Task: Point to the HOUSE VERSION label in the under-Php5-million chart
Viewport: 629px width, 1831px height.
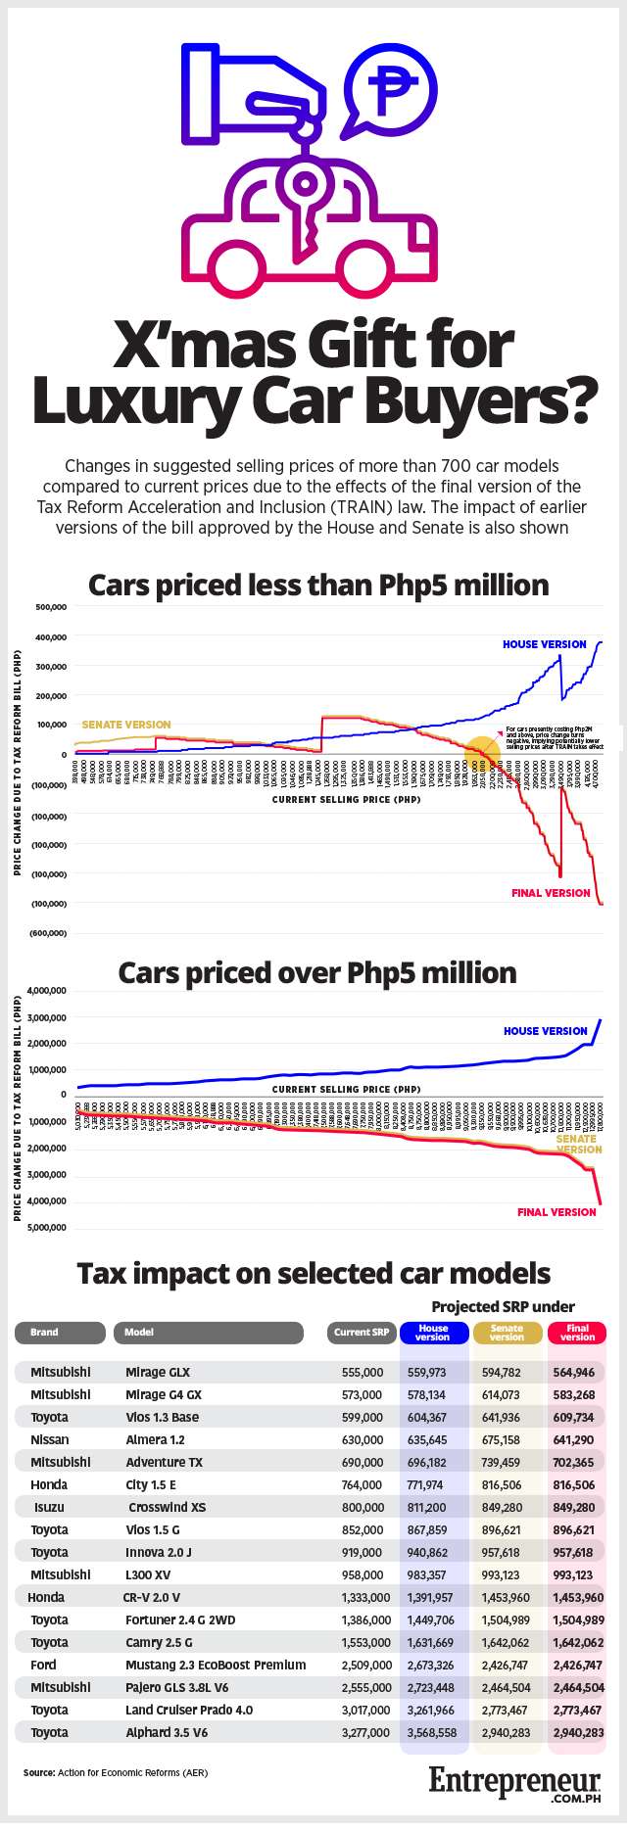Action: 544,644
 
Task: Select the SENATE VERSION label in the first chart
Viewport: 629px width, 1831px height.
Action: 125,725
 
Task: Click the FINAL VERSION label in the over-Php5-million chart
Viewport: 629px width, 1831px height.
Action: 556,1212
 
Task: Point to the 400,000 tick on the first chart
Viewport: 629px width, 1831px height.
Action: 51,637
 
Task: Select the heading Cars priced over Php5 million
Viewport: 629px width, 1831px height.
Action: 316,973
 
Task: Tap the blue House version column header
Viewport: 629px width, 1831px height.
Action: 433,1333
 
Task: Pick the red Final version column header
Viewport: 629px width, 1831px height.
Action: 577,1333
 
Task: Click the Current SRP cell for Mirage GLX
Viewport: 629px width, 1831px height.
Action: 363,1372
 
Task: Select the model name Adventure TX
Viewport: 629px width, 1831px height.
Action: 164,1462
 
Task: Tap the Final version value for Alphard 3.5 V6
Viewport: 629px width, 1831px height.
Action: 577,1732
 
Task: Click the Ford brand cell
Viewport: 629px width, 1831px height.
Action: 43,1665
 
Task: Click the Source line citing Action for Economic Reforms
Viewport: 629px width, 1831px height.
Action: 116,1772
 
